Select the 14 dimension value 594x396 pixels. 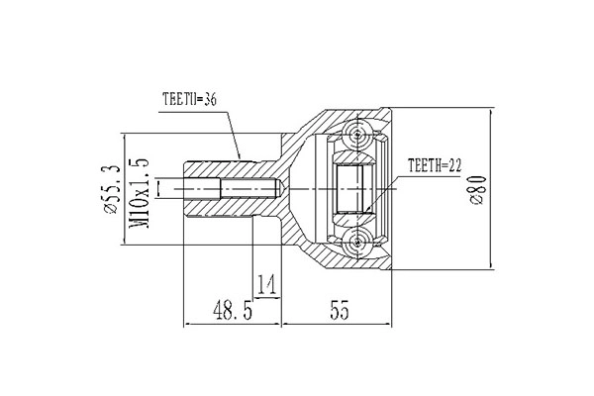(x=265, y=286)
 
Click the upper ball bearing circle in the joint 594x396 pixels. (x=356, y=133)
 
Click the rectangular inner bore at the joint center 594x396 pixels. (x=352, y=188)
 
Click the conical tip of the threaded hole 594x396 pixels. (x=280, y=188)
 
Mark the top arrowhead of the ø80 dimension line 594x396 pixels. (x=492, y=109)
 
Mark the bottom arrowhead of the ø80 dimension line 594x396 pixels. (x=492, y=267)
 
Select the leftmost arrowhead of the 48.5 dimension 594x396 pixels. (x=187, y=324)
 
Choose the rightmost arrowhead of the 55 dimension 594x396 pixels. (x=390, y=324)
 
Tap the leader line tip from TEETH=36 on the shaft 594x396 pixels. (x=241, y=157)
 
